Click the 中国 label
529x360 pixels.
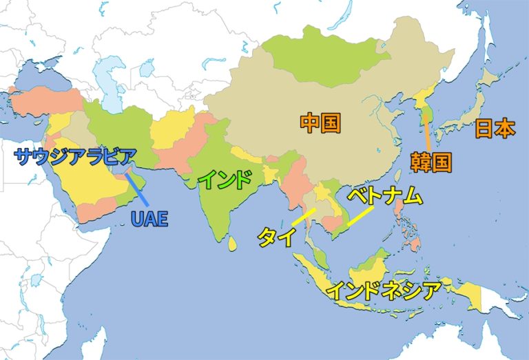(x=320, y=123)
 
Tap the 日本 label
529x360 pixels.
(x=495, y=128)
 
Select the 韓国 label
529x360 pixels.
(x=431, y=162)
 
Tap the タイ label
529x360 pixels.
(x=276, y=237)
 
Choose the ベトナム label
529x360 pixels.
(x=384, y=196)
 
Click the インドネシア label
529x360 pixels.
(x=382, y=290)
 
